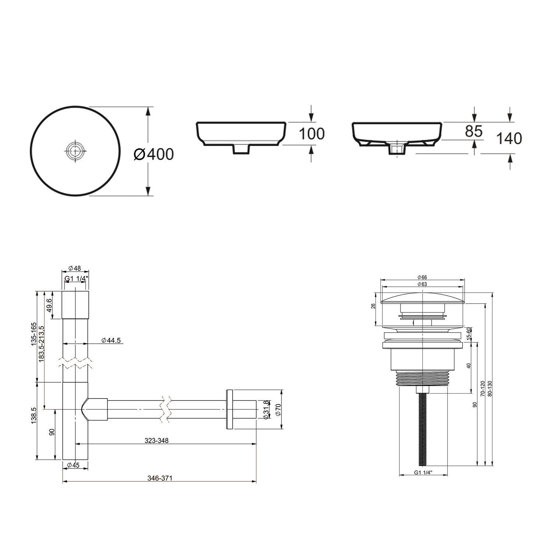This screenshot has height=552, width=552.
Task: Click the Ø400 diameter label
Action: click(x=153, y=154)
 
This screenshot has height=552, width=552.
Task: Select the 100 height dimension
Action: click(x=311, y=134)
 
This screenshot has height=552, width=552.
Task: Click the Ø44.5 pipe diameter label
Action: click(x=111, y=340)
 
